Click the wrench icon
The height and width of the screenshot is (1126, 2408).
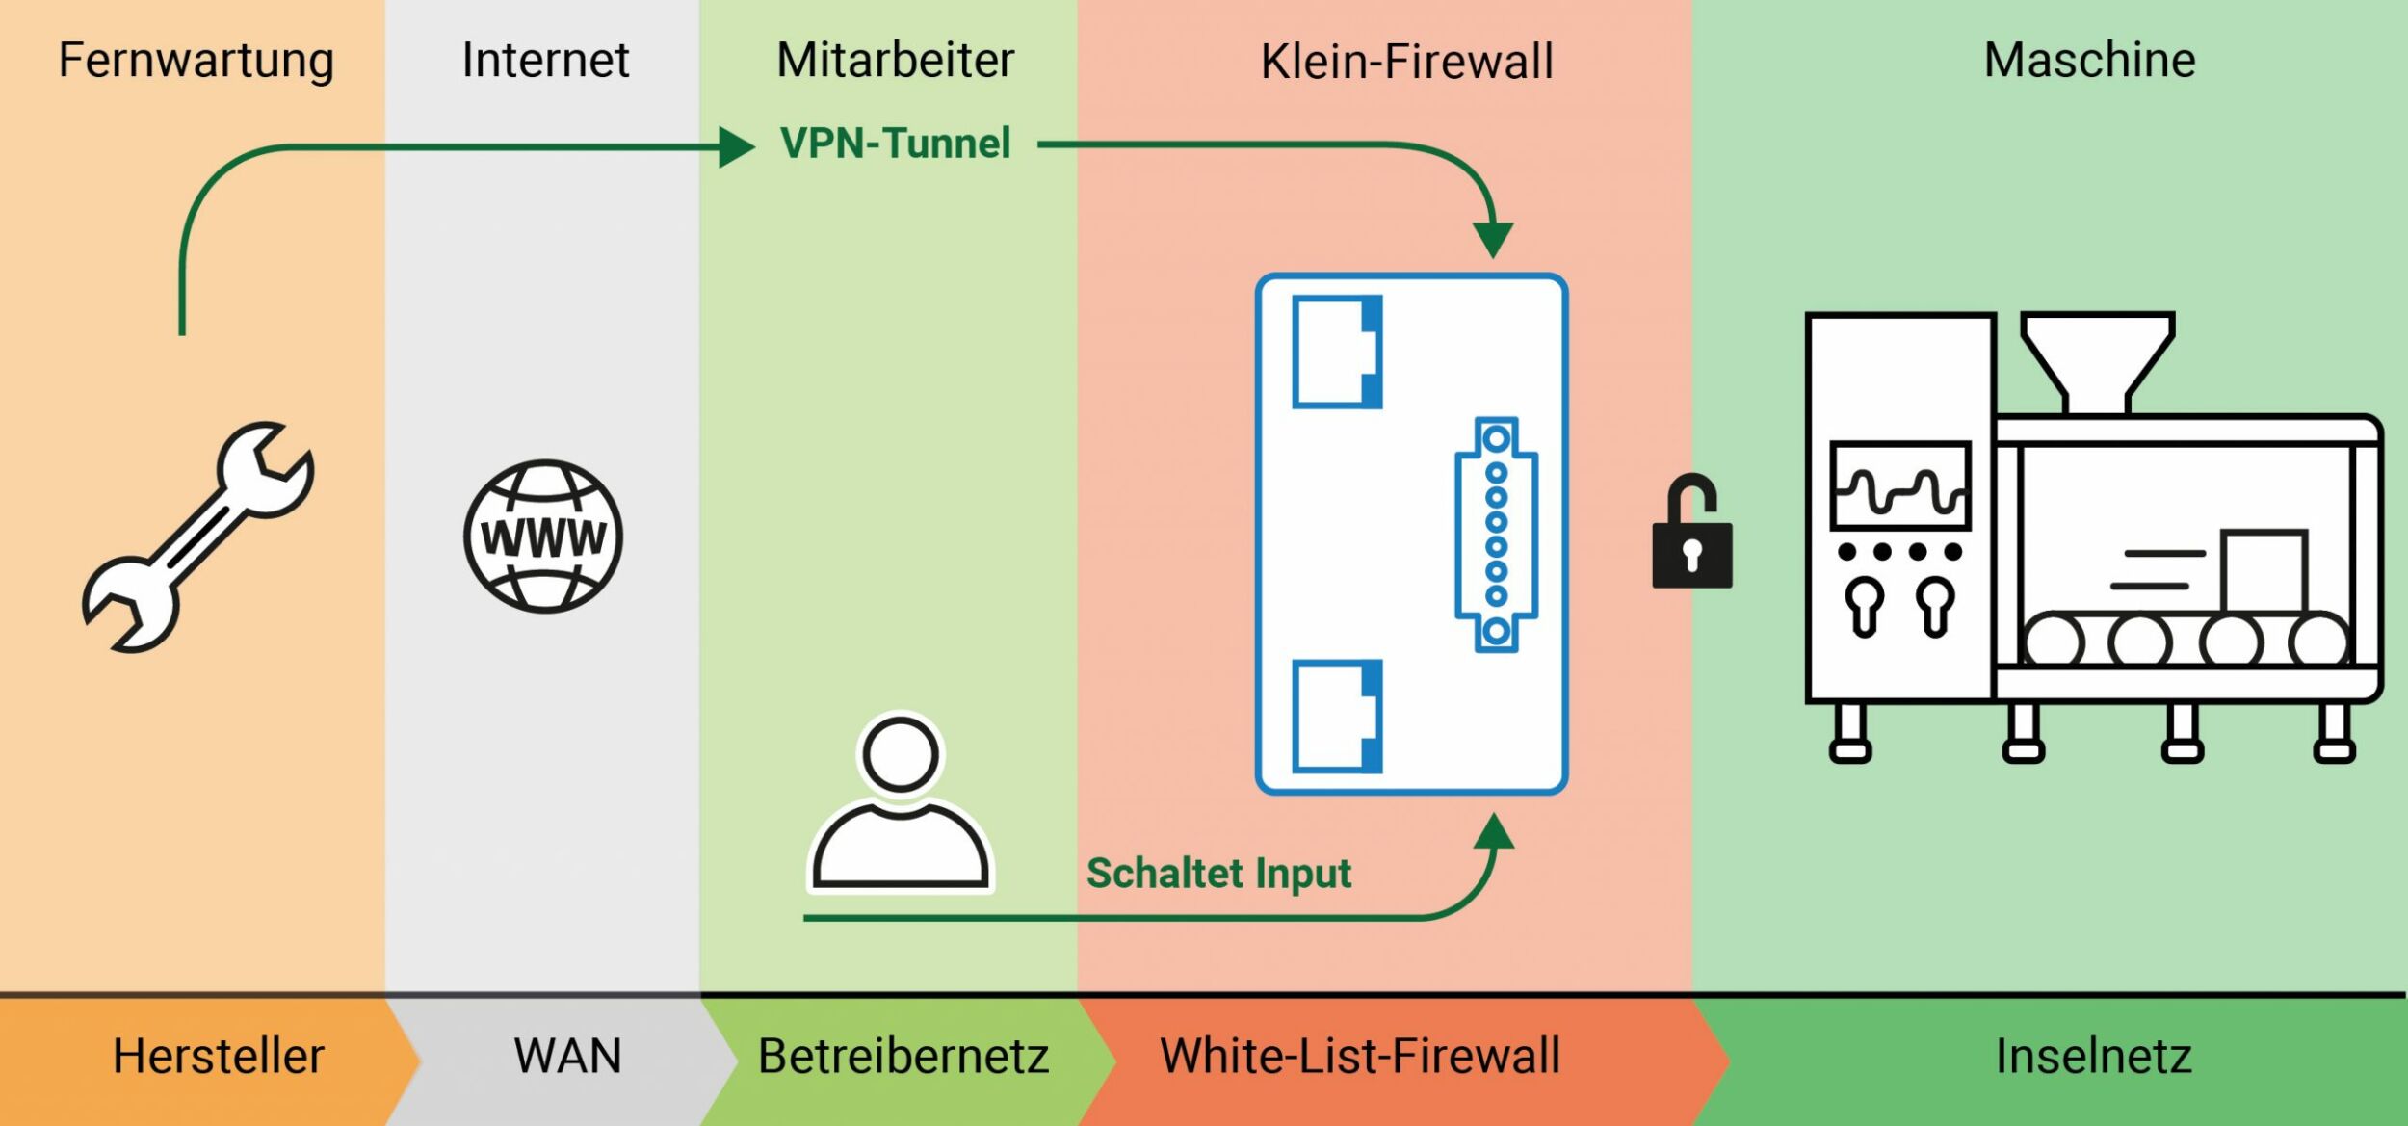click(197, 537)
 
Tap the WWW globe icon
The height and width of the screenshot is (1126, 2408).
click(543, 537)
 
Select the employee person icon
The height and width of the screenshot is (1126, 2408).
click(901, 801)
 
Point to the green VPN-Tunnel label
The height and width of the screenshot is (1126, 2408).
click(895, 144)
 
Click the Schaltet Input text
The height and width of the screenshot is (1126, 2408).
click(1218, 873)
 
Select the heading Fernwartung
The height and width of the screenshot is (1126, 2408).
click(196, 60)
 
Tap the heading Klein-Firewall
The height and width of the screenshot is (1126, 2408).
click(1407, 62)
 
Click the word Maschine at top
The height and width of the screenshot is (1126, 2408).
click(2089, 60)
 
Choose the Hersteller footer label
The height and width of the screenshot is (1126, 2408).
click(219, 1056)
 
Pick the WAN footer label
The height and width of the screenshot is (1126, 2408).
click(567, 1056)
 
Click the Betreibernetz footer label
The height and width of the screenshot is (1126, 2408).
click(903, 1056)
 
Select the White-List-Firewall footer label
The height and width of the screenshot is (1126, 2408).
click(1360, 1056)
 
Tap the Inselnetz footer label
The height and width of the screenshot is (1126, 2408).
click(2093, 1056)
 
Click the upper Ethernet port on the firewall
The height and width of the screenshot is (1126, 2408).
click(1336, 352)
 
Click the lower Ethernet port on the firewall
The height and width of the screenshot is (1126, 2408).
click(1336, 716)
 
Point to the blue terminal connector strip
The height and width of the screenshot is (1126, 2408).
click(1495, 535)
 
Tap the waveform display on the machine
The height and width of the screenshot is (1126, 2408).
click(1899, 486)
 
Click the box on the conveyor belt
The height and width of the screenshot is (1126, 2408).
click(2263, 570)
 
